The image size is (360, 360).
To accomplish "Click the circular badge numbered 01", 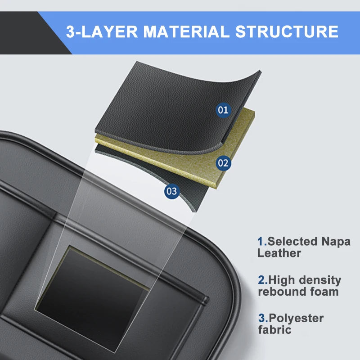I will click(x=223, y=109).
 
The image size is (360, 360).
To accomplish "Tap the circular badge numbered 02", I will click(x=223, y=163).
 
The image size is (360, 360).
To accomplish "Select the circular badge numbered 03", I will click(x=171, y=191).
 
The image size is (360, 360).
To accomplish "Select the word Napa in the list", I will click(x=335, y=242).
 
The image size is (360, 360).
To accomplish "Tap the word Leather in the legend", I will click(x=279, y=253).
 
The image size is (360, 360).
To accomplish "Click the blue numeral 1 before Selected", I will click(x=260, y=242).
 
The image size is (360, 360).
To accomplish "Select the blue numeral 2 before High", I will click(x=261, y=280).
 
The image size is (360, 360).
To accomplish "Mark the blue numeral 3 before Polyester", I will click(x=261, y=318).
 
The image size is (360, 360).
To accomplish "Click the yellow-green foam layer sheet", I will click(x=234, y=144).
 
